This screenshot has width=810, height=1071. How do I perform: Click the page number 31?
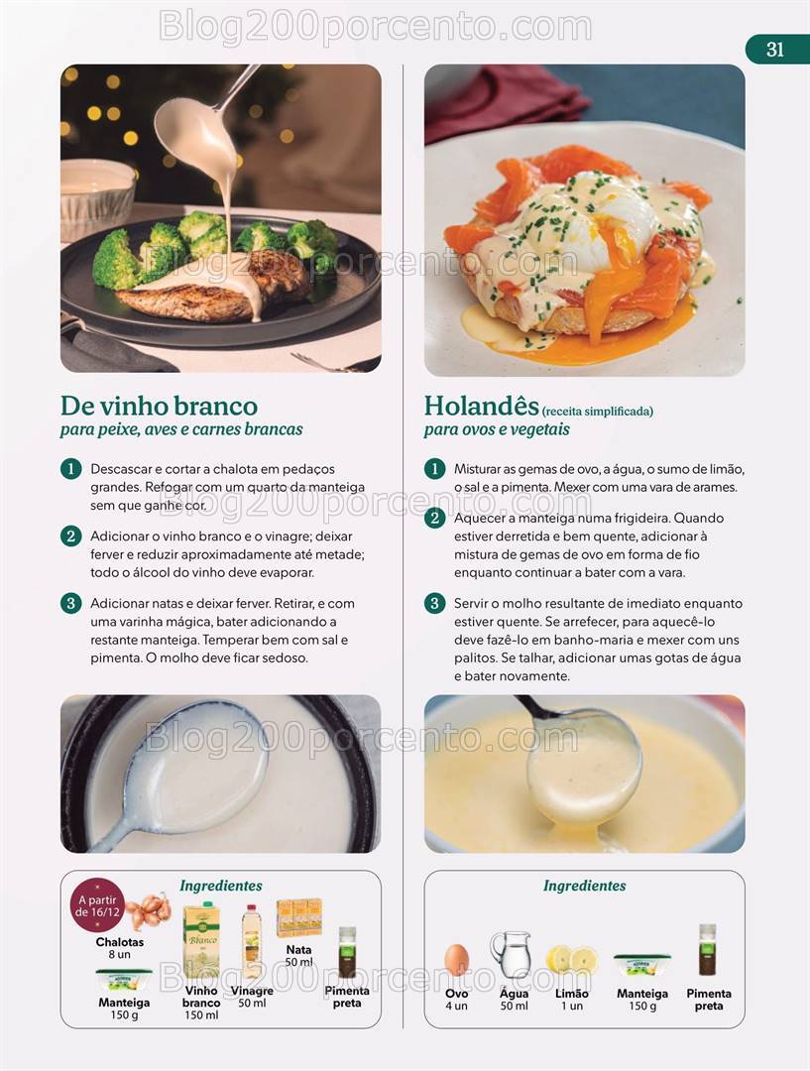pos(774,50)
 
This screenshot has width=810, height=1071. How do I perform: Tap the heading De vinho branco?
pos(159,406)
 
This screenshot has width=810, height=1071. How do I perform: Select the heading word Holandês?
pos(482,405)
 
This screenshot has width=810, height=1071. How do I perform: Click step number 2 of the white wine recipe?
pos(71,535)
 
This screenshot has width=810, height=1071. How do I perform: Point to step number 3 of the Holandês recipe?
pos(434,603)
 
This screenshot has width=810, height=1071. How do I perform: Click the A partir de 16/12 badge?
pos(98,905)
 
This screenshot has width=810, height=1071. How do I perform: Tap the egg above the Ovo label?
pos(456,960)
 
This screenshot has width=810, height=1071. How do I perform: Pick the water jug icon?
pos(511,955)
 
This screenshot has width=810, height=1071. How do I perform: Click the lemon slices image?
pos(571,959)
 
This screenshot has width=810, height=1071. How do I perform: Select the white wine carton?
pos(201,940)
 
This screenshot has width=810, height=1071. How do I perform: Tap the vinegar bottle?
pos(252,942)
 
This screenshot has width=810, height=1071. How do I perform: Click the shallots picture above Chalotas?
pos(148,911)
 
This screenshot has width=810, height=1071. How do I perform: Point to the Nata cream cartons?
pos(299,918)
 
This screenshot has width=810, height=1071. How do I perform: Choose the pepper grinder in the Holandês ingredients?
pos(708,949)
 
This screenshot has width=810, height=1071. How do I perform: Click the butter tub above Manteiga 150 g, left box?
pos(124,980)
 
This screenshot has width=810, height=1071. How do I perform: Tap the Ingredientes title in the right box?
pos(584,886)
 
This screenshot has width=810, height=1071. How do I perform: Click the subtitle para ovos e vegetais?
pos(497,429)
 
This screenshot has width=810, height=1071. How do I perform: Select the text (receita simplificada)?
pos(598,412)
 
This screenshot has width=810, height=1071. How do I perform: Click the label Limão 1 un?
pos(572,1000)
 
